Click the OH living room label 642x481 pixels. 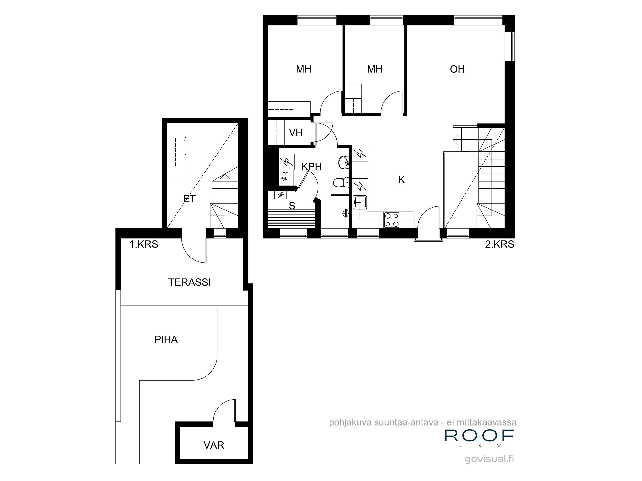pyautogui.click(x=457, y=69)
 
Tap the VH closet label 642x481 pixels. pyautogui.click(x=296, y=133)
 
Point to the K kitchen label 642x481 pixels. pyautogui.click(x=401, y=180)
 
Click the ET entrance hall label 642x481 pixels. pyautogui.click(x=190, y=199)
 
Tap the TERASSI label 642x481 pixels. pyautogui.click(x=190, y=282)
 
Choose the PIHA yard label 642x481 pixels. pyautogui.click(x=166, y=339)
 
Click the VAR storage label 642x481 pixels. pyautogui.click(x=214, y=445)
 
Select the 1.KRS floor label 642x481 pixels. pyautogui.click(x=144, y=244)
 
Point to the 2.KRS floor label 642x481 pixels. pyautogui.click(x=499, y=244)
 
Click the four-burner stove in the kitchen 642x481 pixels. pyautogui.click(x=392, y=220)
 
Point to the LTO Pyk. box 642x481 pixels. pyautogui.click(x=284, y=176)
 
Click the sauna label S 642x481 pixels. pyautogui.click(x=292, y=206)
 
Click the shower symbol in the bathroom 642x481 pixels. pyautogui.click(x=345, y=213)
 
